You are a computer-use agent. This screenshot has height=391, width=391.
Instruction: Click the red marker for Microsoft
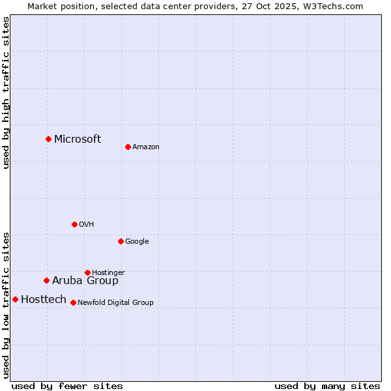click(48, 139)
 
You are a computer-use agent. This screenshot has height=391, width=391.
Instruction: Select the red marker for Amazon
click(128, 147)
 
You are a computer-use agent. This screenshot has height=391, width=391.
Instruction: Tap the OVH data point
click(74, 224)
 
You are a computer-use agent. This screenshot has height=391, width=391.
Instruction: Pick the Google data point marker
click(121, 241)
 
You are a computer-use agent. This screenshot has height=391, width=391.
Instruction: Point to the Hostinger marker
click(87, 272)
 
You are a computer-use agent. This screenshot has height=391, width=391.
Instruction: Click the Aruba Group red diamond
click(46, 280)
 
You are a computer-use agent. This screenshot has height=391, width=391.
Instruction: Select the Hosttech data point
click(15, 299)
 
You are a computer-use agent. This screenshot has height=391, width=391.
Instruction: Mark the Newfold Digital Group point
click(73, 302)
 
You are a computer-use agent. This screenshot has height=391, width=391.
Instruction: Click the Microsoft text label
click(78, 139)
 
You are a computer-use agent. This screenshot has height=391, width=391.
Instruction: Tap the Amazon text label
click(146, 147)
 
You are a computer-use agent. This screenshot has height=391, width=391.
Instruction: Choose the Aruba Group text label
click(85, 281)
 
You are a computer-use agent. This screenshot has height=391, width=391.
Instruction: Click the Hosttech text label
click(44, 300)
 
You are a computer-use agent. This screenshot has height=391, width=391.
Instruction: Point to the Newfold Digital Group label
click(115, 302)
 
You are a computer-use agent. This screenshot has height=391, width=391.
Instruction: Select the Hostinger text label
click(108, 272)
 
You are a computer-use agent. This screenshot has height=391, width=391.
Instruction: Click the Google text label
click(137, 242)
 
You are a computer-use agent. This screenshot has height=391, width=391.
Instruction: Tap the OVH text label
click(87, 225)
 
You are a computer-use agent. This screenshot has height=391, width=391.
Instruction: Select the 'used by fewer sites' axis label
click(67, 386)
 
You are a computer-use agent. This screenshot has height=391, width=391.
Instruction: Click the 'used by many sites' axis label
click(327, 386)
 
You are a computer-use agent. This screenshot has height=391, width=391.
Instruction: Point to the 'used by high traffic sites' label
click(6, 93)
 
